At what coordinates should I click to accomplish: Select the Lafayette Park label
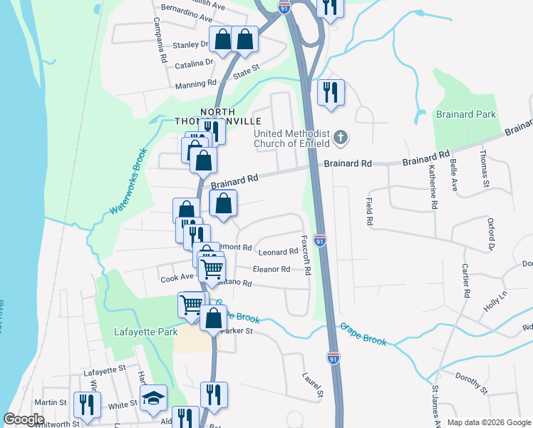click(143, 332)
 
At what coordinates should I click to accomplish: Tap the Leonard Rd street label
click(278, 252)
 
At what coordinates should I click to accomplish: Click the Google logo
click(24, 419)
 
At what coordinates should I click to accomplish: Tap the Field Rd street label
click(370, 213)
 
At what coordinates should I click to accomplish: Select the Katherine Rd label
click(433, 186)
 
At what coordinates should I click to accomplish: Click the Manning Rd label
click(195, 84)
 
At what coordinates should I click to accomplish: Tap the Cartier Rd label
click(465, 281)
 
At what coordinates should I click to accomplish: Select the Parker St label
click(237, 331)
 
